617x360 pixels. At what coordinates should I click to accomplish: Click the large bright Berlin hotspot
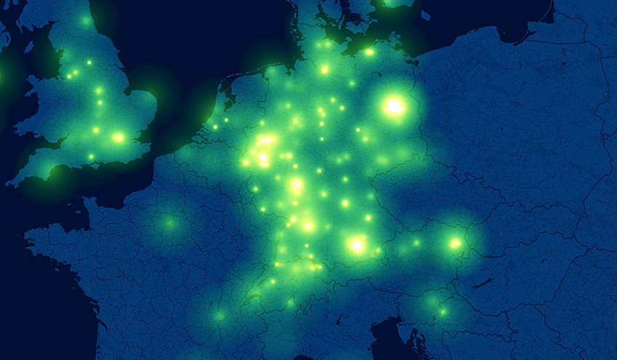[394, 107]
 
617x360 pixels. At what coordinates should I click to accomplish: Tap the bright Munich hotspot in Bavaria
[357, 245]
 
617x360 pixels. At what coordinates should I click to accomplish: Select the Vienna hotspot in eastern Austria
[455, 244]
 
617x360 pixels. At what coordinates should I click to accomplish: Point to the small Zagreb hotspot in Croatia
[442, 312]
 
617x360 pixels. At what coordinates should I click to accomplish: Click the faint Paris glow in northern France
[169, 223]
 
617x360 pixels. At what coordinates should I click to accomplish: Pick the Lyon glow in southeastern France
[219, 316]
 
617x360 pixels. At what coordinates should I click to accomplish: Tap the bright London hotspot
[118, 137]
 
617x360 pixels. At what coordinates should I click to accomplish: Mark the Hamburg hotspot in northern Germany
[325, 70]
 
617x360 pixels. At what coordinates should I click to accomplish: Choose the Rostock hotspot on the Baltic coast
[369, 52]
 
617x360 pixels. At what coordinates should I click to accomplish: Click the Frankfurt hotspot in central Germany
[296, 185]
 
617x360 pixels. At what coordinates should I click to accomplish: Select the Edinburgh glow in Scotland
[86, 21]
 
